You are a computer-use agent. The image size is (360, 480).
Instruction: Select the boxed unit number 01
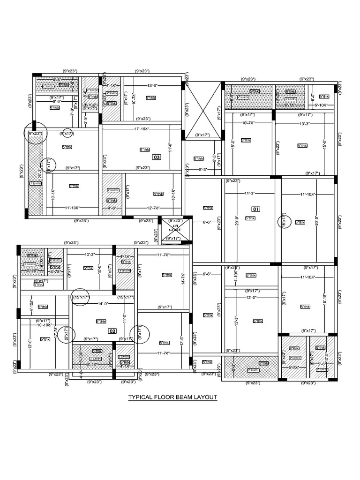pyautogui.click(x=255, y=209)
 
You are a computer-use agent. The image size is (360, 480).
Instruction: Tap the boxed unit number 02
pyautogui.click(x=112, y=331)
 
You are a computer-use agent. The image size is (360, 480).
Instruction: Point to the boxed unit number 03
pyautogui.click(x=157, y=157)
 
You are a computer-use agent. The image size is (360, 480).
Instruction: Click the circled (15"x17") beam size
pyautogui.click(x=80, y=297)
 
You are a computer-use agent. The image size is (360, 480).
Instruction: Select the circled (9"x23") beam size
pyautogui.click(x=36, y=134)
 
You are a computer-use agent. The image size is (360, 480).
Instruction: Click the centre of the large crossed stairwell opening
pyautogui.click(x=202, y=110)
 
